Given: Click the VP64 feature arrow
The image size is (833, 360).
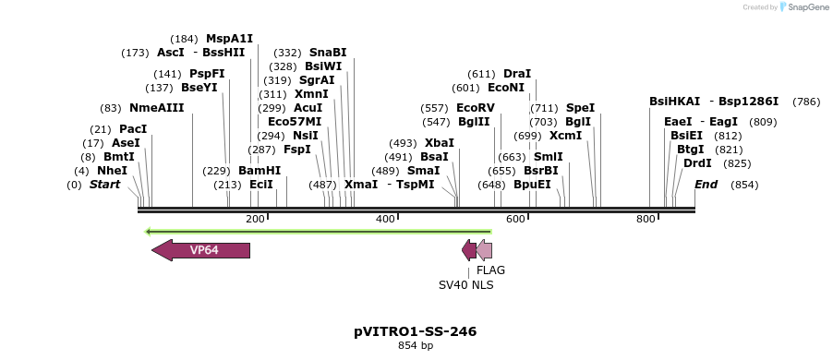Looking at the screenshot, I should [x=201, y=250].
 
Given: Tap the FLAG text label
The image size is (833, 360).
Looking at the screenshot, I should [x=490, y=270].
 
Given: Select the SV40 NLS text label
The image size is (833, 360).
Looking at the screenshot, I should [x=465, y=285].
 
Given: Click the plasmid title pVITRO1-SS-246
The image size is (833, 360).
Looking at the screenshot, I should [x=416, y=331].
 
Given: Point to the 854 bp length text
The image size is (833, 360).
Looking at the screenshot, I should [x=416, y=346].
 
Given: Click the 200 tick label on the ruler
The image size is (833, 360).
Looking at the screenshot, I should [x=256, y=219].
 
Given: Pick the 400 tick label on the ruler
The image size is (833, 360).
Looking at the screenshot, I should [x=386, y=219].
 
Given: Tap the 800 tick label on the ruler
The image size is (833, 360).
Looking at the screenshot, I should [x=646, y=219].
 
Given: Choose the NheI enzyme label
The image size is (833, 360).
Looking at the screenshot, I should [x=113, y=171].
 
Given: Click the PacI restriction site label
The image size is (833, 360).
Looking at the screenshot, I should [x=133, y=129].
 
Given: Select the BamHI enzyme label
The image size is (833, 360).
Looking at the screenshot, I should [x=260, y=171].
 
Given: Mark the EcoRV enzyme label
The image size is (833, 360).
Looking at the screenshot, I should [x=476, y=108].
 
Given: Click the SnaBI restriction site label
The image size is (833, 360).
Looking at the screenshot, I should [x=328, y=53].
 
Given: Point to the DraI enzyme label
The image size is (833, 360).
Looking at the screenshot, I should [x=517, y=74].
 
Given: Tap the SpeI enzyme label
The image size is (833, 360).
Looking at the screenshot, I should [x=580, y=108].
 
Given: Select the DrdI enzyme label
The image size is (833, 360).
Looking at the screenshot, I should [x=697, y=163].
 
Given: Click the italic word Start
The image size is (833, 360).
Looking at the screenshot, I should [x=104, y=185].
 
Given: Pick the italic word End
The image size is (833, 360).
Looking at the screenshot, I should [x=706, y=185].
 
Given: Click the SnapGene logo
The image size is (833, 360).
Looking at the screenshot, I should [x=802, y=7].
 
